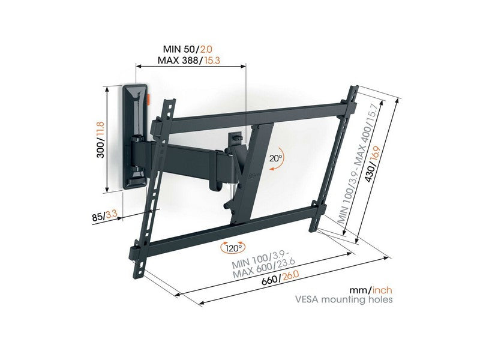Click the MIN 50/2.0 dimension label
click(187, 49)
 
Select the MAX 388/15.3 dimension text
click(188, 60)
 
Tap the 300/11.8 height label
click(100, 140)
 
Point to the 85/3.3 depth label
click(104, 216)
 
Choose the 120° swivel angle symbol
click(233, 247)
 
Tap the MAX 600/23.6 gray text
click(263, 268)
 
